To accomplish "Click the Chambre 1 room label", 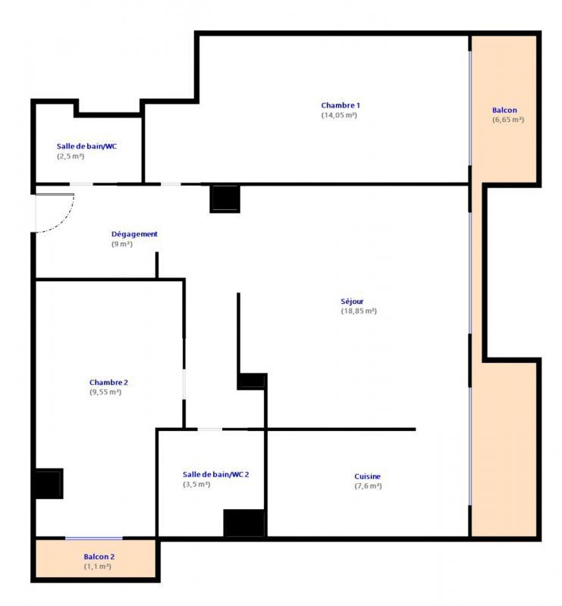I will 340,105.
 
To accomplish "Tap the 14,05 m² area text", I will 339,115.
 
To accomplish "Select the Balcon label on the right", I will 504,110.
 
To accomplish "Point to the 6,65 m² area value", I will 507,120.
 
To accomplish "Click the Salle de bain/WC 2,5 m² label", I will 86,146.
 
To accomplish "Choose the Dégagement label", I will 134,234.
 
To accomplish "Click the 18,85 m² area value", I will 359,311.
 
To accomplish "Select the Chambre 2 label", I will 108,383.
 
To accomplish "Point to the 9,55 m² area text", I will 105,392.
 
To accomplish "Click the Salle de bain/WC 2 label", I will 215,474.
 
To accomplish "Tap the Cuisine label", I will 367,476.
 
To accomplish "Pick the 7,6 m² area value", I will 368,486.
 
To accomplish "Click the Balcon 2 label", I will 99,556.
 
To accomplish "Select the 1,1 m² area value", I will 98,566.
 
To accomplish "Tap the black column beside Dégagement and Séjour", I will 224,198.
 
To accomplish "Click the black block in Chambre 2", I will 49,484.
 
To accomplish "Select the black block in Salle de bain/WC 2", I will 243,523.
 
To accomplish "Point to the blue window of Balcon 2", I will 93,539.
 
